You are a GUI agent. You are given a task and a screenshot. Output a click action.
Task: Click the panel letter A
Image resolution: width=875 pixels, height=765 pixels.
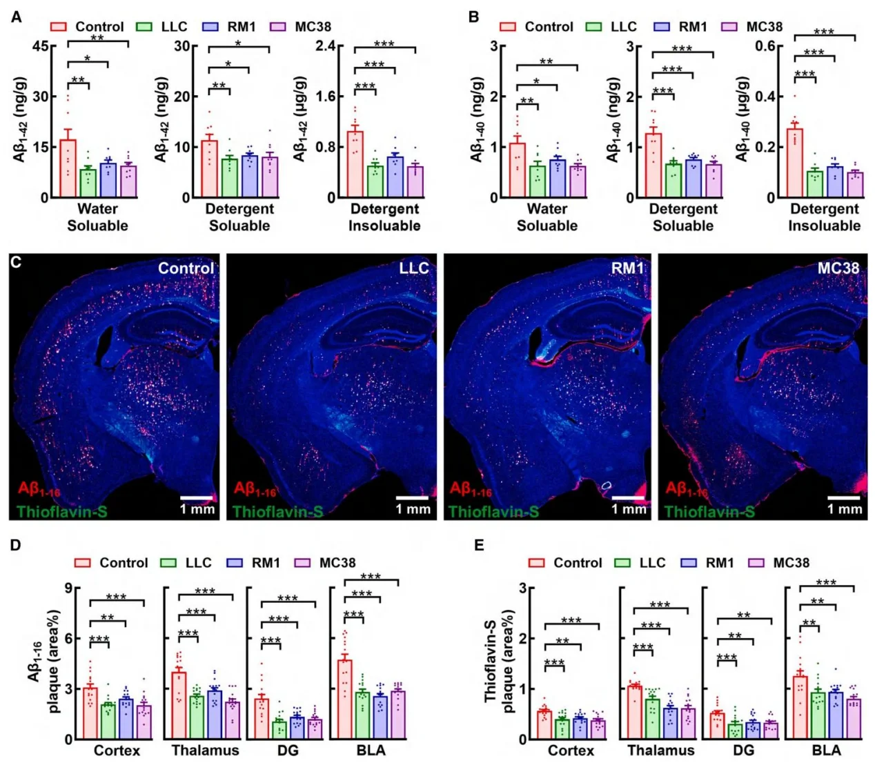click(17, 17)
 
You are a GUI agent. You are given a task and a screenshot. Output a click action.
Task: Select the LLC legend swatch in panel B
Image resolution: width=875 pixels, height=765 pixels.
click(593, 27)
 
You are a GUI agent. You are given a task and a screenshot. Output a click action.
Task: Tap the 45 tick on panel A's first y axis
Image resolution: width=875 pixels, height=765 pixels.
click(40, 46)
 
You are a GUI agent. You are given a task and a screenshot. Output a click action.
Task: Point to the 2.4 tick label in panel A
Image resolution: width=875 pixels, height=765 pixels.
click(330, 46)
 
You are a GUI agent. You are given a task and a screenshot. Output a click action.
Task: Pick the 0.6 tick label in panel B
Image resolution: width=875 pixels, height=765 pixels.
click(769, 46)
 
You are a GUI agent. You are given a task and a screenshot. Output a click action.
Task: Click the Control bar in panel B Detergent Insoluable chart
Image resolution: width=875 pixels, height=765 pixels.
click(795, 163)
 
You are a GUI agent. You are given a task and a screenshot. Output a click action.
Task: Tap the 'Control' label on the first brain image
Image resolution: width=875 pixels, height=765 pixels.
click(186, 268)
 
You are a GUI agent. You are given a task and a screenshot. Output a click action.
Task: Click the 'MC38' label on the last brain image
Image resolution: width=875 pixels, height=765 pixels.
click(838, 268)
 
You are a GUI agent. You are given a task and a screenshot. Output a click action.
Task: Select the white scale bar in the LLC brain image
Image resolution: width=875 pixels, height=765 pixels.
click(413, 497)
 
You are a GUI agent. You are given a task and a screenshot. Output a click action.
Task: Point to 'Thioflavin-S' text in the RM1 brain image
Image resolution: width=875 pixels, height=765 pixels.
click(493, 512)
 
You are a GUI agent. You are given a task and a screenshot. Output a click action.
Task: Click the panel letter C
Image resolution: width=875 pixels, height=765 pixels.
click(17, 263)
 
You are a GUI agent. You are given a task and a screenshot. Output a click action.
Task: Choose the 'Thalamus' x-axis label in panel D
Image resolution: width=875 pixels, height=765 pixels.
click(205, 751)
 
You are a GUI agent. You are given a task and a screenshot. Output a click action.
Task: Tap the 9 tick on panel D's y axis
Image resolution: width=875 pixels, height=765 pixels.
click(68, 588)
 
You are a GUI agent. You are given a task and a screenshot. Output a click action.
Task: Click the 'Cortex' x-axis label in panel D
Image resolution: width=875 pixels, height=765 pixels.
click(117, 751)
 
